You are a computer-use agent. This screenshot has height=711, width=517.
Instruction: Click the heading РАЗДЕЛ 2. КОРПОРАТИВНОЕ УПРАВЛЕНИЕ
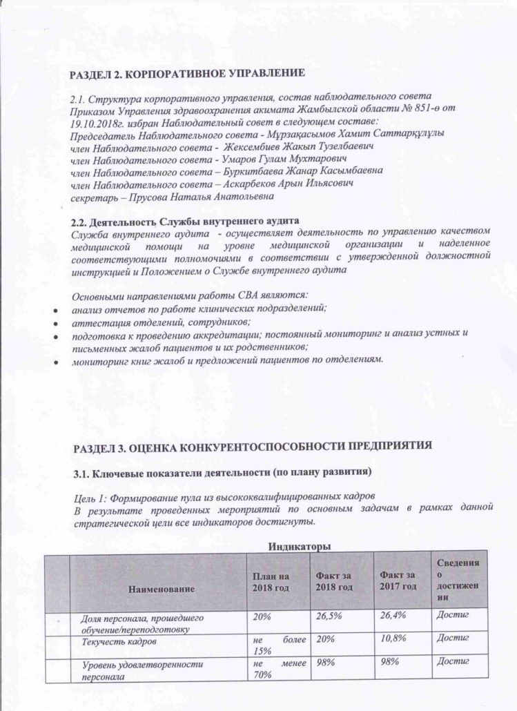187,72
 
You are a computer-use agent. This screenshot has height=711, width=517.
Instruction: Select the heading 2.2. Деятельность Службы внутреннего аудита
186,222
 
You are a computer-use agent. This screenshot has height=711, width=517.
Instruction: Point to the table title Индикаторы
299,547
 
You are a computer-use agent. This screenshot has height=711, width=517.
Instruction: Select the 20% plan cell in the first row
260,614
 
